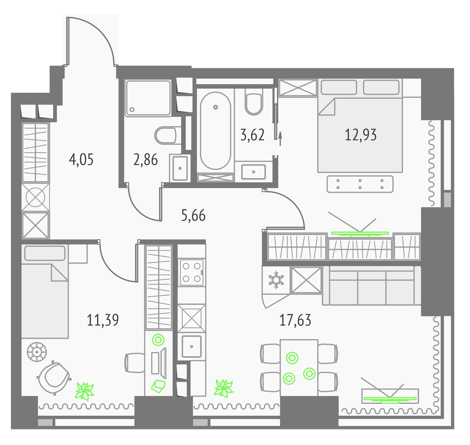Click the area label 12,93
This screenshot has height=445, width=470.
(360, 135)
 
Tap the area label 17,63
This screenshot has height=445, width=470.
(295, 320)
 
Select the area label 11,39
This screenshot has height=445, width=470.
(103, 320)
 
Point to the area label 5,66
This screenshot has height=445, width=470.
(193, 215)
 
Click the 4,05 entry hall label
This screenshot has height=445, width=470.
(81, 160)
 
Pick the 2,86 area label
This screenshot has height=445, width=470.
(145, 160)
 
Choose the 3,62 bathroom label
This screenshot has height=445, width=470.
(252, 135)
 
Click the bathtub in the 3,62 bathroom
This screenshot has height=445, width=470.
(215, 131)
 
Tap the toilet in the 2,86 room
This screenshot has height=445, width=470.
(166, 135)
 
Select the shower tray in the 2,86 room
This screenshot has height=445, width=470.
(148, 98)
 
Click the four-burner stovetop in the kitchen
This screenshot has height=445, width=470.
(192, 272)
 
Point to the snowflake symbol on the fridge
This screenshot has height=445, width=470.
(276, 280)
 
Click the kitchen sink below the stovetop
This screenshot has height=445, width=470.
(192, 346)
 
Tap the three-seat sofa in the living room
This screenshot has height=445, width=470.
(372, 286)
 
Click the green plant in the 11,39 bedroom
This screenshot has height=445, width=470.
(85, 391)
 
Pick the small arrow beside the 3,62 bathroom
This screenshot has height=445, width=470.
(280, 139)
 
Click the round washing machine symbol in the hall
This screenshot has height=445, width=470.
(35, 197)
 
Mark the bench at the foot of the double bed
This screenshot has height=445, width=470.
(360, 184)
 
